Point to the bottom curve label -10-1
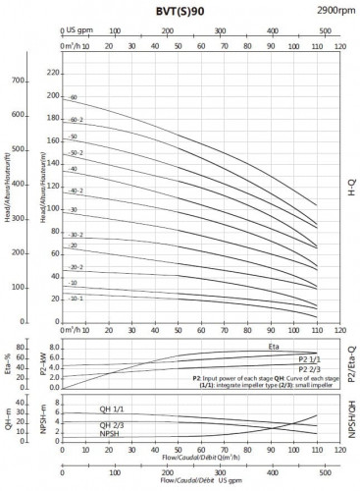pos(76,298)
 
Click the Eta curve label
pos(274,347)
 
